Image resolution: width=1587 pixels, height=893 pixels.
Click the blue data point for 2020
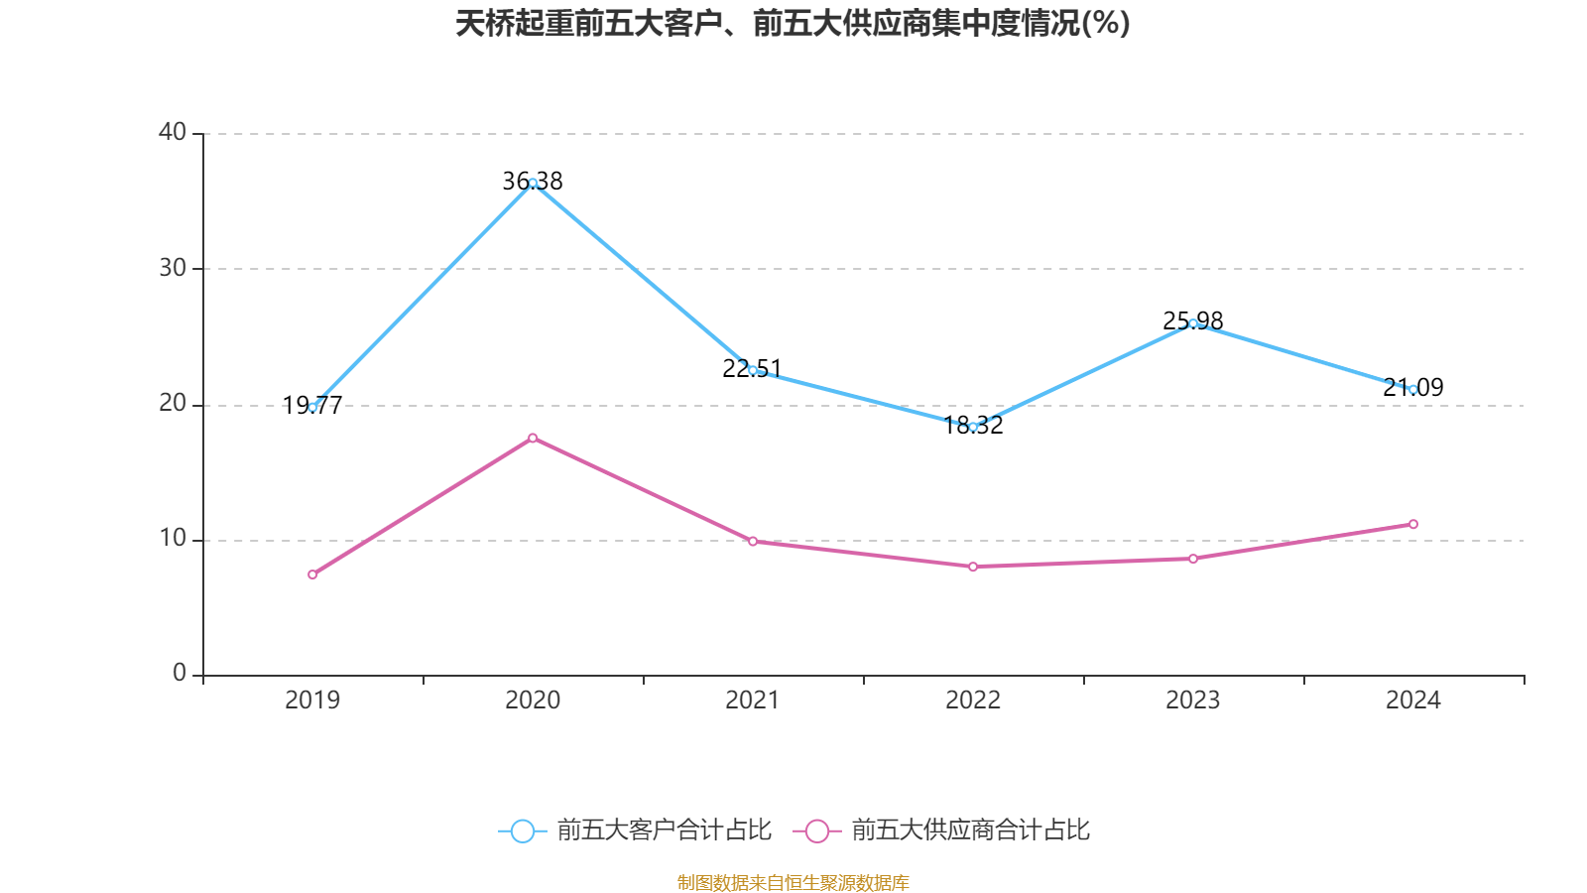[533, 183]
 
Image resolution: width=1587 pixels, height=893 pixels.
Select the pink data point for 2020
[533, 438]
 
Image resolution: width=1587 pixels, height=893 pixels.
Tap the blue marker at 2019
[312, 407]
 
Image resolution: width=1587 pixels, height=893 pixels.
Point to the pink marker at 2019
[312, 574]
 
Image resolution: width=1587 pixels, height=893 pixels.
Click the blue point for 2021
[753, 370]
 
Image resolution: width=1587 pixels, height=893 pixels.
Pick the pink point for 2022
[973, 567]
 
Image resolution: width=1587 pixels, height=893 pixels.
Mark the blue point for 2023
[1193, 323]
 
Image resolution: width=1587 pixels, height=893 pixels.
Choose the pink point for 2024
[1413, 524]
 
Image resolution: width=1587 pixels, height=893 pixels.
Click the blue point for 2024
[1413, 389]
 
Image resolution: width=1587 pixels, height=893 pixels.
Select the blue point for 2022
[973, 427]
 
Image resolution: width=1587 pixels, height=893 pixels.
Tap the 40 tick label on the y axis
[173, 132]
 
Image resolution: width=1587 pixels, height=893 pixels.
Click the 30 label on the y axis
[173, 268]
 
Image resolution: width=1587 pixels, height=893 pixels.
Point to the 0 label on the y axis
[180, 674]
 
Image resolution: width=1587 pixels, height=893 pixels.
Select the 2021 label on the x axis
[753, 701]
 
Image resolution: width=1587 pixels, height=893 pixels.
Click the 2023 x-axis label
[1193, 701]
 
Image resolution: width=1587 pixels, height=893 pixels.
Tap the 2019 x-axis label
[312, 701]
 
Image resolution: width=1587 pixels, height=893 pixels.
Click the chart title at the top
[793, 23]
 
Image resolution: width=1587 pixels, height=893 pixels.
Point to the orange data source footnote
[793, 882]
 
